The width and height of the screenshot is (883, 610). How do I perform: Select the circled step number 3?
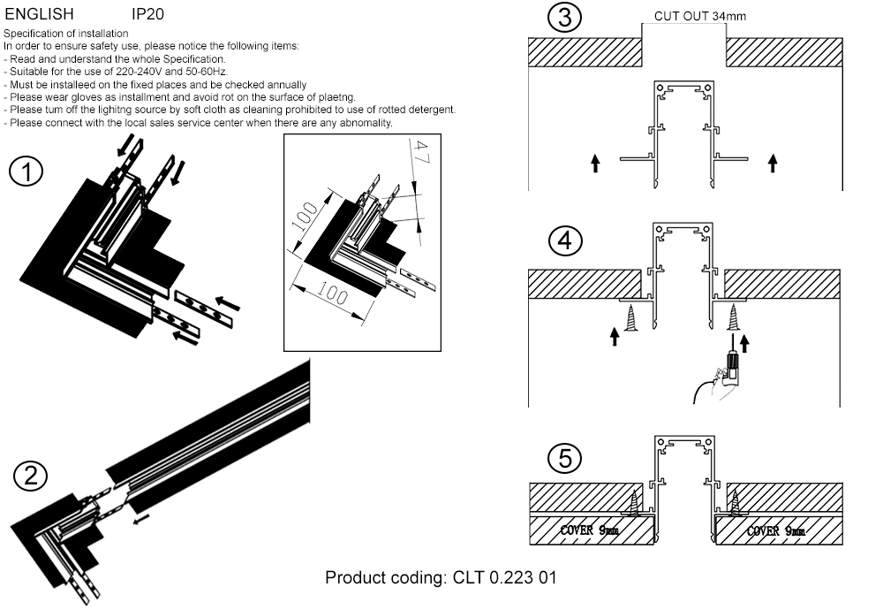(564, 18)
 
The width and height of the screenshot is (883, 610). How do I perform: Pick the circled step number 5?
(564, 458)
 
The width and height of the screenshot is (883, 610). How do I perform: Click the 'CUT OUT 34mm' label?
(700, 16)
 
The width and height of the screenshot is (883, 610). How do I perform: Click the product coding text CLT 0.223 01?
(441, 578)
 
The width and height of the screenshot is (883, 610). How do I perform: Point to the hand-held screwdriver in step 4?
(729, 367)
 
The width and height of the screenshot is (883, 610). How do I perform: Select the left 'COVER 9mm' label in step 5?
(589, 530)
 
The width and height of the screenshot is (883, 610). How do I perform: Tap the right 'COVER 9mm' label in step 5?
(775, 530)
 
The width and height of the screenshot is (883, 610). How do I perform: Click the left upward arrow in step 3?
(595, 163)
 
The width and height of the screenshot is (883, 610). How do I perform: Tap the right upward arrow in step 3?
(774, 163)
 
